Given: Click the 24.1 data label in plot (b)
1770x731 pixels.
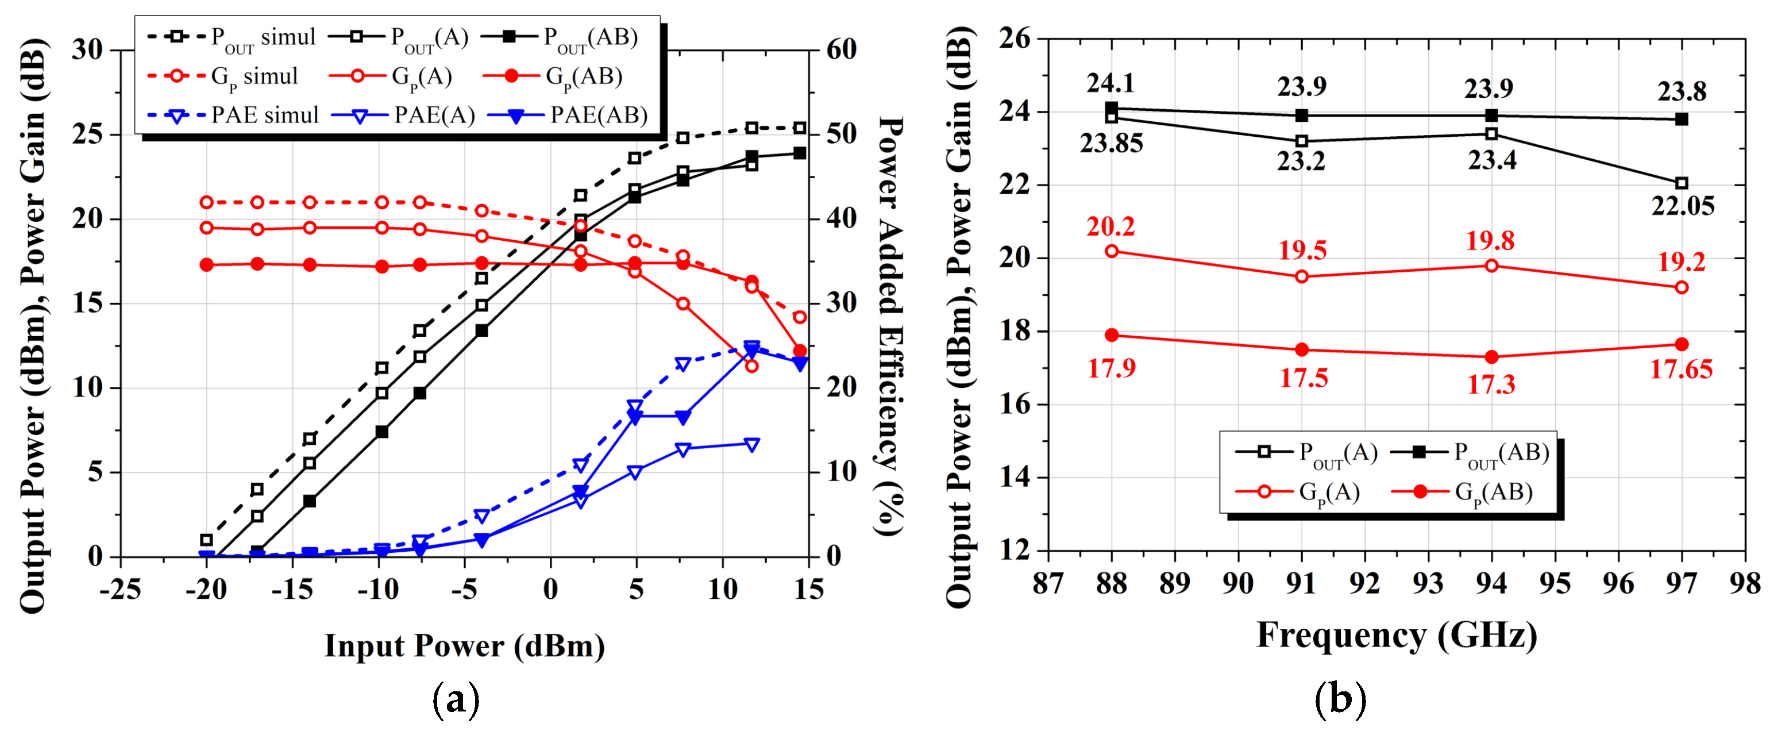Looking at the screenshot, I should (x=1110, y=83).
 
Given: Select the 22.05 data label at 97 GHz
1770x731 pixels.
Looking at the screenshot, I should (x=1683, y=205).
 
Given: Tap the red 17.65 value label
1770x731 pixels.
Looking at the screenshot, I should (x=1681, y=370).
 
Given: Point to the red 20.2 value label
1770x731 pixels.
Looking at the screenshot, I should (x=1110, y=226).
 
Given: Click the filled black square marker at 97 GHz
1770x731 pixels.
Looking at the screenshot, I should (x=1682, y=120).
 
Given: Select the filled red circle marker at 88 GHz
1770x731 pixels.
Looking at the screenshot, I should (x=1112, y=335).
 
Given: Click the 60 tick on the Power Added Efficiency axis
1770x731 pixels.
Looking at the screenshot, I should (x=840, y=49).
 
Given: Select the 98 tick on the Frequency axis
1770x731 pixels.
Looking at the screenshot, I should (x=1745, y=584).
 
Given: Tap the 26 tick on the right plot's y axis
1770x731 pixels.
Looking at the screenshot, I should (x=1015, y=39).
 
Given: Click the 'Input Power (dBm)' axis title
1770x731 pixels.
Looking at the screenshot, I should (x=465, y=646).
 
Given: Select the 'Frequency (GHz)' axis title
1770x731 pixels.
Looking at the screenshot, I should (x=1396, y=636).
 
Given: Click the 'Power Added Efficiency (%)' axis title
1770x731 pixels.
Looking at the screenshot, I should (x=890, y=326).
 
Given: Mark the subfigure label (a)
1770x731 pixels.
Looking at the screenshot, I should (x=456, y=699).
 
